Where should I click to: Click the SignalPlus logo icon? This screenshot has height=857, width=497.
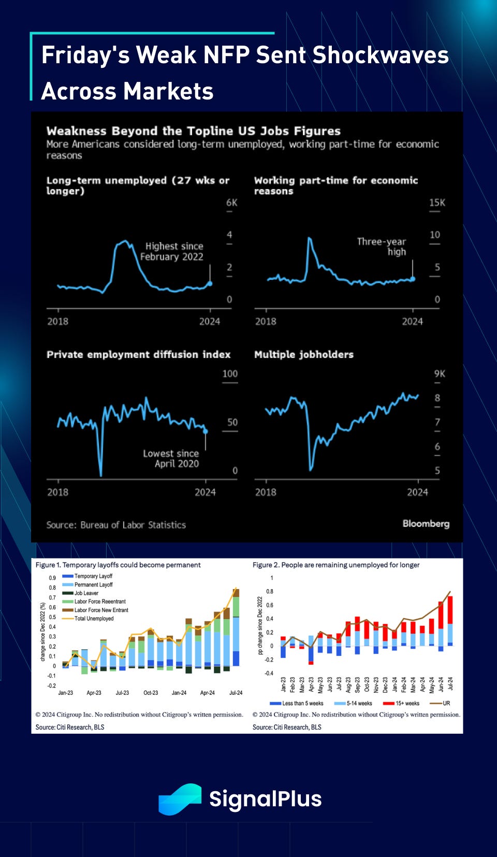(x=180, y=799)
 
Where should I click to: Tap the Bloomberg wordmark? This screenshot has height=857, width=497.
(x=426, y=523)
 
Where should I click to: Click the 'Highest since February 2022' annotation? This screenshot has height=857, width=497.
(x=172, y=251)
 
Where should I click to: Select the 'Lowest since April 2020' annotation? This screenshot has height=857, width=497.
(x=171, y=459)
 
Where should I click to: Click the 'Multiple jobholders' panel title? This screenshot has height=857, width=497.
(x=304, y=354)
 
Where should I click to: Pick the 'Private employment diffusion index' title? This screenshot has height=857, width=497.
(x=138, y=354)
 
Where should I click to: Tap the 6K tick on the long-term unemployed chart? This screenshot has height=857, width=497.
(x=231, y=203)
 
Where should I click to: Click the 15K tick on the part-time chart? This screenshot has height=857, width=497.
(x=437, y=203)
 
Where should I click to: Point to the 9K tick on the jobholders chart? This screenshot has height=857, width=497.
(x=439, y=374)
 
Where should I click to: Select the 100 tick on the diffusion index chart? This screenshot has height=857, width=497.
(x=230, y=374)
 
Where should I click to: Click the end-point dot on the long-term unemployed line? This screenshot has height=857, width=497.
(x=210, y=283)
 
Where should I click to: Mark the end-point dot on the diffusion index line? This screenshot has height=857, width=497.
(x=206, y=431)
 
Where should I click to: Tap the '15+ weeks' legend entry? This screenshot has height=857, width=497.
(x=405, y=703)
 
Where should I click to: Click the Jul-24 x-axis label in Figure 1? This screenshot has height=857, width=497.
(x=236, y=693)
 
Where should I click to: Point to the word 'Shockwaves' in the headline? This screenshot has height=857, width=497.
(x=381, y=55)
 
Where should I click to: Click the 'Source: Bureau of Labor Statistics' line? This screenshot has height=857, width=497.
(x=116, y=525)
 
